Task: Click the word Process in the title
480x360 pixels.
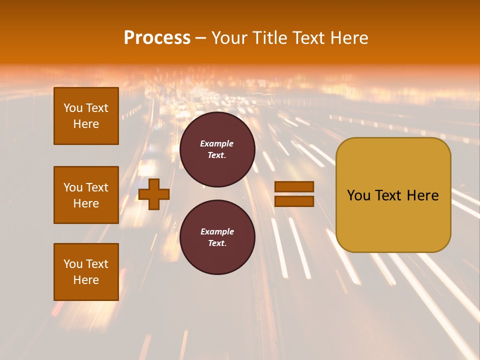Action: (x=157, y=37)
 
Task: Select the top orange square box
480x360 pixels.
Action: (x=86, y=116)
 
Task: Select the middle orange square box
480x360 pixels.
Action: (x=86, y=195)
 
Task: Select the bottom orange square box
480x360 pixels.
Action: (x=86, y=271)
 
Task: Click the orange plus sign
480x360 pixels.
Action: (x=153, y=194)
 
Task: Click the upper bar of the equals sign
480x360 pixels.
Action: (x=294, y=186)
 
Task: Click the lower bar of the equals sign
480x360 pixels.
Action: (x=294, y=201)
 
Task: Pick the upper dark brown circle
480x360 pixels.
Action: (x=217, y=149)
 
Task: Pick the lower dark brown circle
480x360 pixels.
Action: (x=217, y=237)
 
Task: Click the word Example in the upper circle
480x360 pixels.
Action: (x=217, y=143)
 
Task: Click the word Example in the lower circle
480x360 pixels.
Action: (x=217, y=231)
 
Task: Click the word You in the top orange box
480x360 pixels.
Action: (x=73, y=108)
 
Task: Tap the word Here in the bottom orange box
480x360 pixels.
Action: (x=86, y=280)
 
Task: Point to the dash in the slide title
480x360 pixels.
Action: (x=200, y=38)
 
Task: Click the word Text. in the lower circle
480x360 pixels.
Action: (x=217, y=243)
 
